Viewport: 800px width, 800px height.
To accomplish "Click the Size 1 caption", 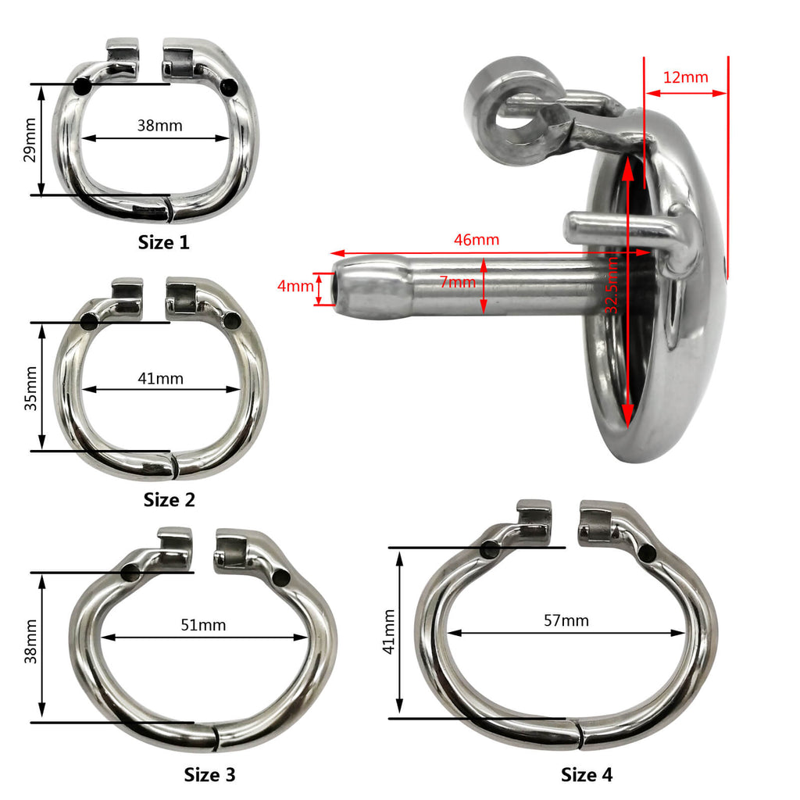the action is coord(163,242).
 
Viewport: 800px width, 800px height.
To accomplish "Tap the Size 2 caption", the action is coord(169,499).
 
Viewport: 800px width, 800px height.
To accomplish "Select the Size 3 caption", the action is coord(209,774).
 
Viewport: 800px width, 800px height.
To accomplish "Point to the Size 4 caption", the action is coord(586,774).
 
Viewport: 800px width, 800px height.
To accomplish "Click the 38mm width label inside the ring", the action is coord(159,126).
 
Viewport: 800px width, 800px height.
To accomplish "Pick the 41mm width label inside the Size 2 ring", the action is coord(161,379).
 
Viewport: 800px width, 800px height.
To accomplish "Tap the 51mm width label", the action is coord(203,625).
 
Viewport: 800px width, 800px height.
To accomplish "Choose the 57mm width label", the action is coord(566,620).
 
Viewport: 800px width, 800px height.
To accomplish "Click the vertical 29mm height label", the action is coord(30,140).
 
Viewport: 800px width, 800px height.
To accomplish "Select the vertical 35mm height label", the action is coord(31,388).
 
